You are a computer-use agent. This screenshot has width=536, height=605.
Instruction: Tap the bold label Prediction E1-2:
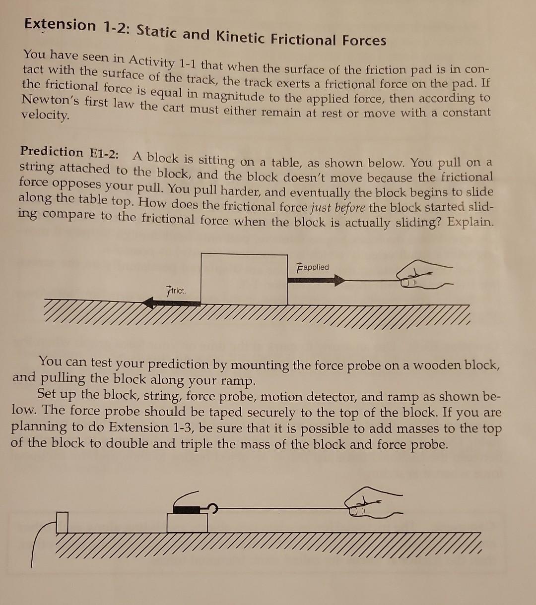(69, 152)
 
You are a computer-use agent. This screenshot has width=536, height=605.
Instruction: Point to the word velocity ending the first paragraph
(45, 115)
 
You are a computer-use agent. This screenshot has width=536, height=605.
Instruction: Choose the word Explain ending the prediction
(470, 222)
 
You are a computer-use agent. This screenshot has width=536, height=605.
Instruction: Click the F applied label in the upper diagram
(313, 267)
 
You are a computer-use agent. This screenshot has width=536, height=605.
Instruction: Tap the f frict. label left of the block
(176, 290)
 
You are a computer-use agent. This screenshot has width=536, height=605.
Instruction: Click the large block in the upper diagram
(244, 279)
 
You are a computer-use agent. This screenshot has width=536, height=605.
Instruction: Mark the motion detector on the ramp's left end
(62, 523)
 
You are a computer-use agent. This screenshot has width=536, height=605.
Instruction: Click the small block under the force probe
(187, 523)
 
